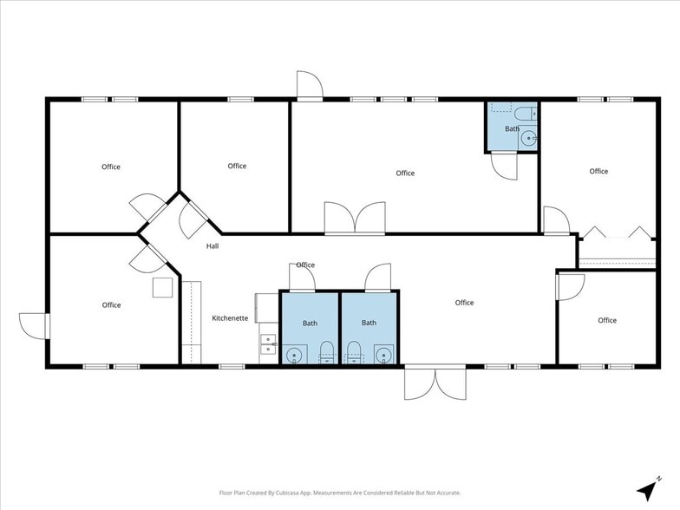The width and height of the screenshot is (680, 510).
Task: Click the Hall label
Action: (212, 246)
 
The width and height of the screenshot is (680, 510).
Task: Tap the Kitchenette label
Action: (230, 317)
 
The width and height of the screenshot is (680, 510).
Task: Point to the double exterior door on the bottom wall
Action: (435, 382)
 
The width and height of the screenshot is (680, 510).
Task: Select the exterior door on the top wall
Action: (310, 86)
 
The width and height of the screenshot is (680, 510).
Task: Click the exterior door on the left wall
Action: (34, 326)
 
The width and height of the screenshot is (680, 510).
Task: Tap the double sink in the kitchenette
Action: (268, 343)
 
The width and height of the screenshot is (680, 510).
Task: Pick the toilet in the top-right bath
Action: (526, 114)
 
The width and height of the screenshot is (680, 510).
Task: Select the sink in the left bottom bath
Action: (295, 355)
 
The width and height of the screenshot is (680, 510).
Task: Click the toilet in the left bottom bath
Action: (326, 352)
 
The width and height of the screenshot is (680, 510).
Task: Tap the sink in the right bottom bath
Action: (383, 355)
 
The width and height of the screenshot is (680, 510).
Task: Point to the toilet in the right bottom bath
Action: (354, 352)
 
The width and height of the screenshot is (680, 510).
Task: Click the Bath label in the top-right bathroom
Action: (512, 128)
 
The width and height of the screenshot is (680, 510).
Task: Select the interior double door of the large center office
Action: (355, 219)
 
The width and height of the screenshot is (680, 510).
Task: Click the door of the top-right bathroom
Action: (505, 166)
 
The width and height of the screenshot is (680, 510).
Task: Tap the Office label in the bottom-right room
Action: (607, 320)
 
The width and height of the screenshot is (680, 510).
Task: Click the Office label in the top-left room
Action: (111, 167)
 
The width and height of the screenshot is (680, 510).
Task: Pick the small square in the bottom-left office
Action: (163, 288)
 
